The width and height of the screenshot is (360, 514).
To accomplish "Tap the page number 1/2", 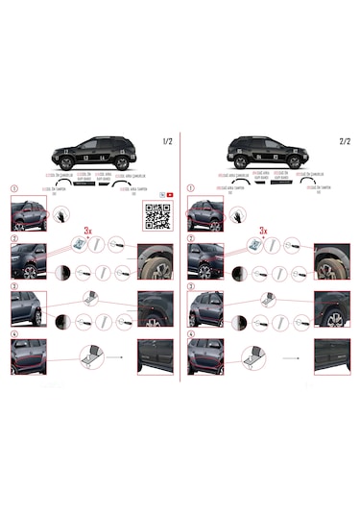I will [x=168, y=142].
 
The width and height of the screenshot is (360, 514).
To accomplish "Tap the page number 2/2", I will [x=345, y=142].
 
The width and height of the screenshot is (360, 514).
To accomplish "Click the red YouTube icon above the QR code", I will [x=169, y=193].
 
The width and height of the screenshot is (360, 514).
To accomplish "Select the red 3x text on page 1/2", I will [x=89, y=232].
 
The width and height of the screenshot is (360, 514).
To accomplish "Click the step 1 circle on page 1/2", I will [x=12, y=188].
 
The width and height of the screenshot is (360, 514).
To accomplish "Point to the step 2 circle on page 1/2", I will [x=12, y=237].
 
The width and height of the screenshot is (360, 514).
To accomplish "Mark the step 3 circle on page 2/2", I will [x=190, y=285].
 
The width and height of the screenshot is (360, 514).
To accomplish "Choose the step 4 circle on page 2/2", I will [x=190, y=333].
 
